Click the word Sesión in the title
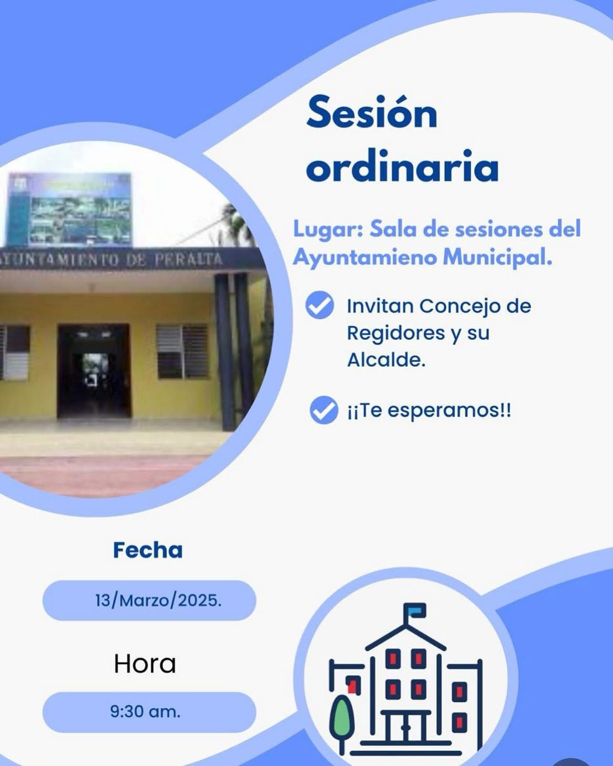[372, 112]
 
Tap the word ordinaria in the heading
[402, 166]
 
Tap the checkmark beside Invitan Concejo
[320, 304]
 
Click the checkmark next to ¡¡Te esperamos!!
[324, 410]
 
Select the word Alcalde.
[386, 360]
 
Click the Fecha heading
[148, 550]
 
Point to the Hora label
[145, 664]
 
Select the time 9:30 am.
[145, 711]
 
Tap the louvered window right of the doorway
[183, 351]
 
